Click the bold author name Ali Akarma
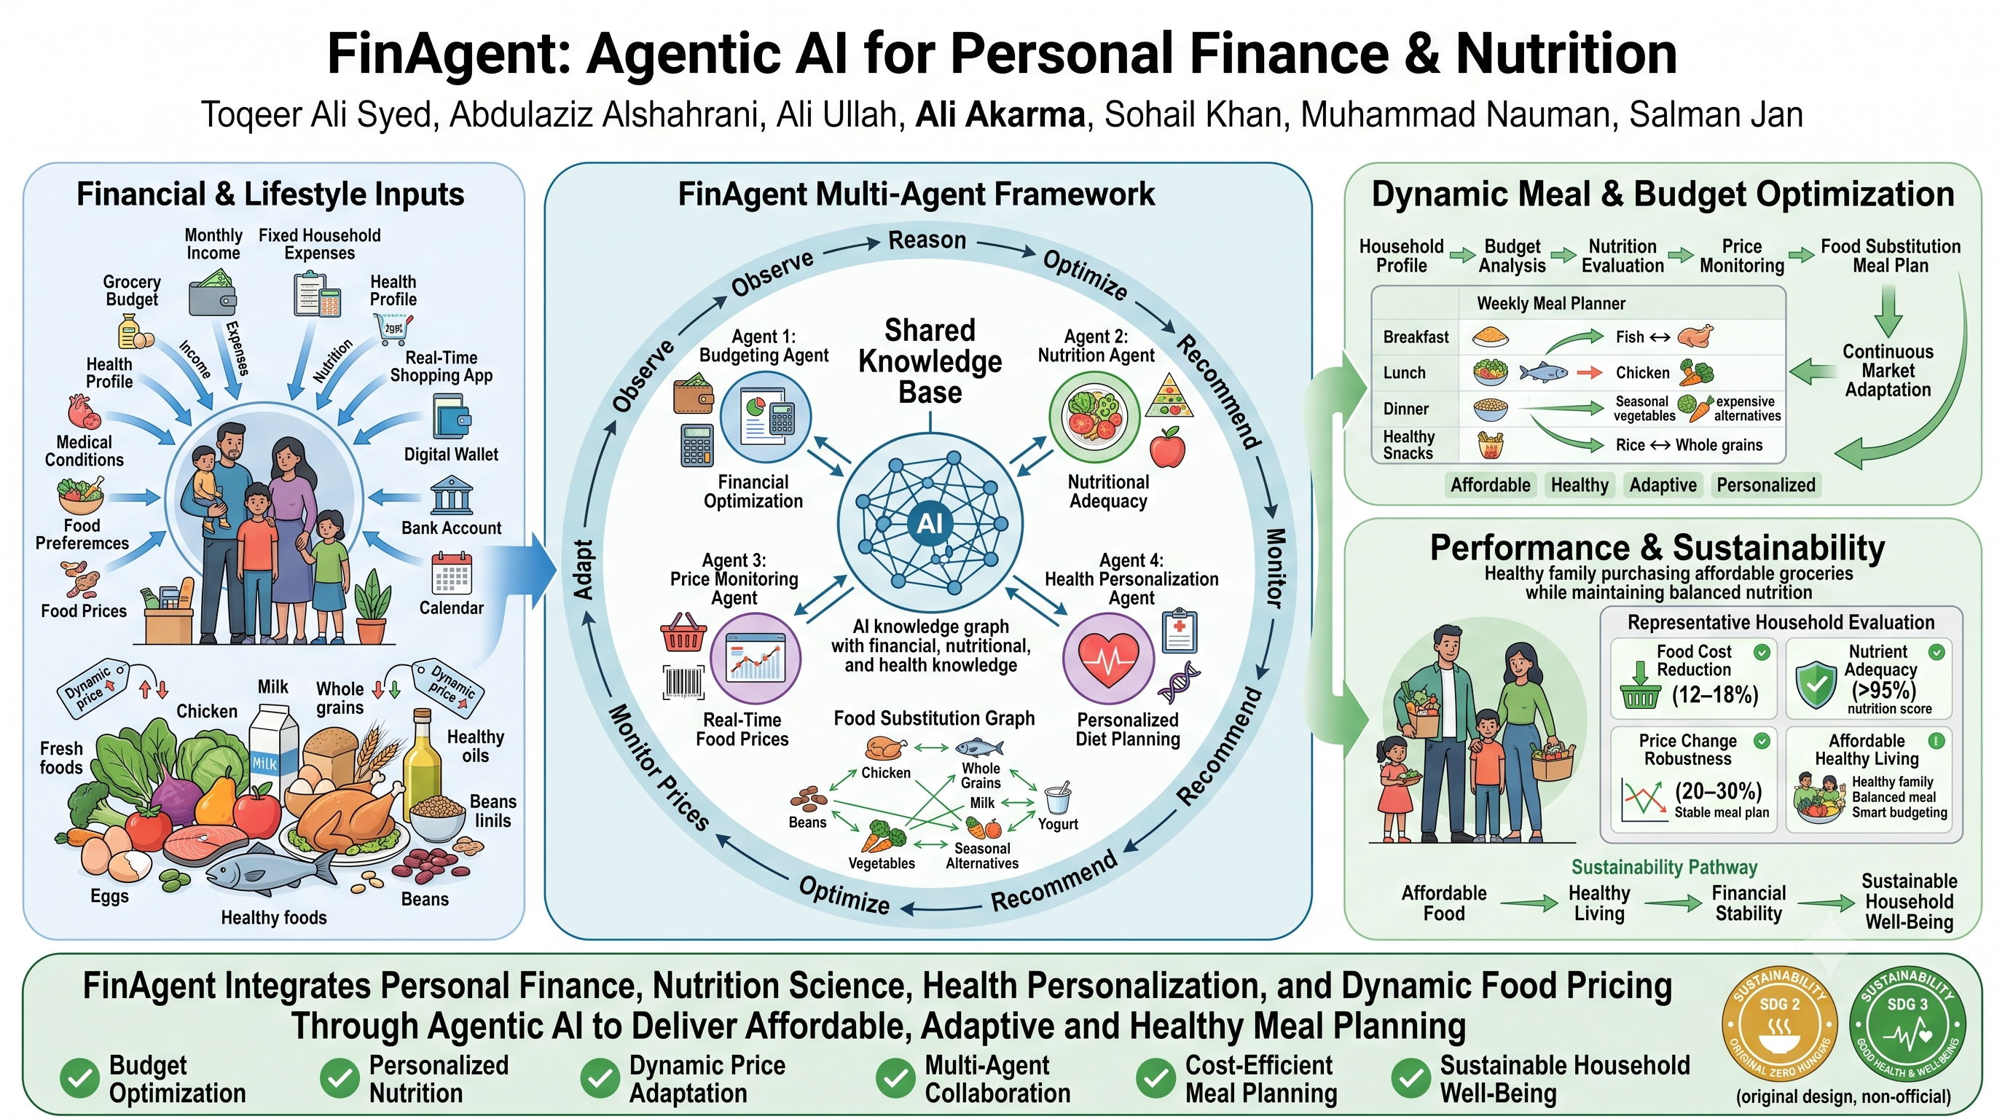[x=1000, y=115]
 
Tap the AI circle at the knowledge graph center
[x=930, y=523]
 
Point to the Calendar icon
[x=452, y=573]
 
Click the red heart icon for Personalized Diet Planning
[x=1108, y=659]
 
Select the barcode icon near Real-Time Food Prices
[x=683, y=683]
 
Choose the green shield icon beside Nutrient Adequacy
[x=1816, y=686]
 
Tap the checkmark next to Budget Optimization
[x=79, y=1078]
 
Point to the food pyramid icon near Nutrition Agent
[x=1169, y=395]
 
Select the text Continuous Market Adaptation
[x=1888, y=370]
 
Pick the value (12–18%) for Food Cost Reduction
[x=1715, y=694]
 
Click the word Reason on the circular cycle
[x=927, y=240]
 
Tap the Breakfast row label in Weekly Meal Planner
[x=1416, y=337]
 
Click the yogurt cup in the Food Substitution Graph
[x=1058, y=798]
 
